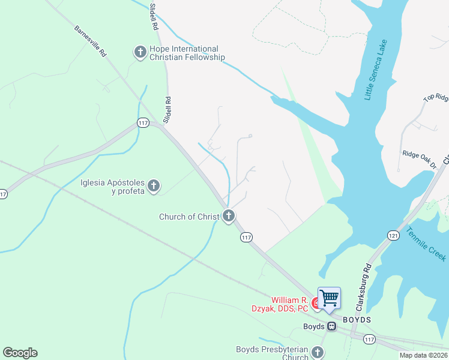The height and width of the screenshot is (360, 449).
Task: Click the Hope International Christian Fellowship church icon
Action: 140,53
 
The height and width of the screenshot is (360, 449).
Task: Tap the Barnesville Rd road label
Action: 91,41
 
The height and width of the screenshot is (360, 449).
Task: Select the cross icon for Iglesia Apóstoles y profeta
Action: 154,187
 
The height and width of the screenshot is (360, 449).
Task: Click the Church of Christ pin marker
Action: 228,216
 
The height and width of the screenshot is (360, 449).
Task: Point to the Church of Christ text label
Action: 189,217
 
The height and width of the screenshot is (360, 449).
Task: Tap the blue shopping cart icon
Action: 329,298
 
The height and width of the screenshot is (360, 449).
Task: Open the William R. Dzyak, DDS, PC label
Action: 289,304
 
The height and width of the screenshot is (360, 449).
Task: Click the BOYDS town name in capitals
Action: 357,320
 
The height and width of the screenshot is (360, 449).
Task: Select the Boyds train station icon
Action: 331,326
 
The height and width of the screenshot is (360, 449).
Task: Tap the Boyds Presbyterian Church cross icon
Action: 318,353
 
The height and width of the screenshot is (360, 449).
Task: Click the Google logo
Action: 20,353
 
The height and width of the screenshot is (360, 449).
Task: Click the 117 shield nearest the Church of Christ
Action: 246,238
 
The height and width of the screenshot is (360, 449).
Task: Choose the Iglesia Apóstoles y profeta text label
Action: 112,187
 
